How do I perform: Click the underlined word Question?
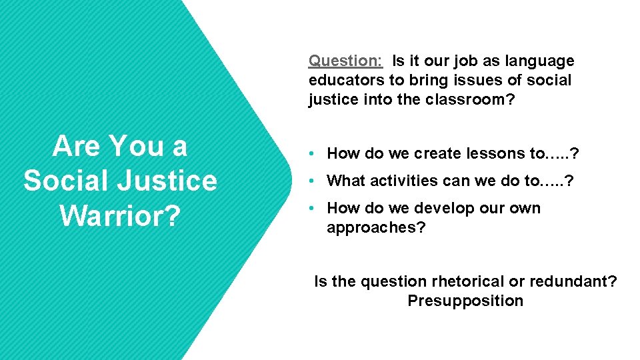coord(345,61)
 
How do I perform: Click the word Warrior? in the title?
coord(120,214)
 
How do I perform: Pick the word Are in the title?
coord(76,146)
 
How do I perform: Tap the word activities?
coord(402,181)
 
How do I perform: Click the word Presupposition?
coord(465,301)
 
